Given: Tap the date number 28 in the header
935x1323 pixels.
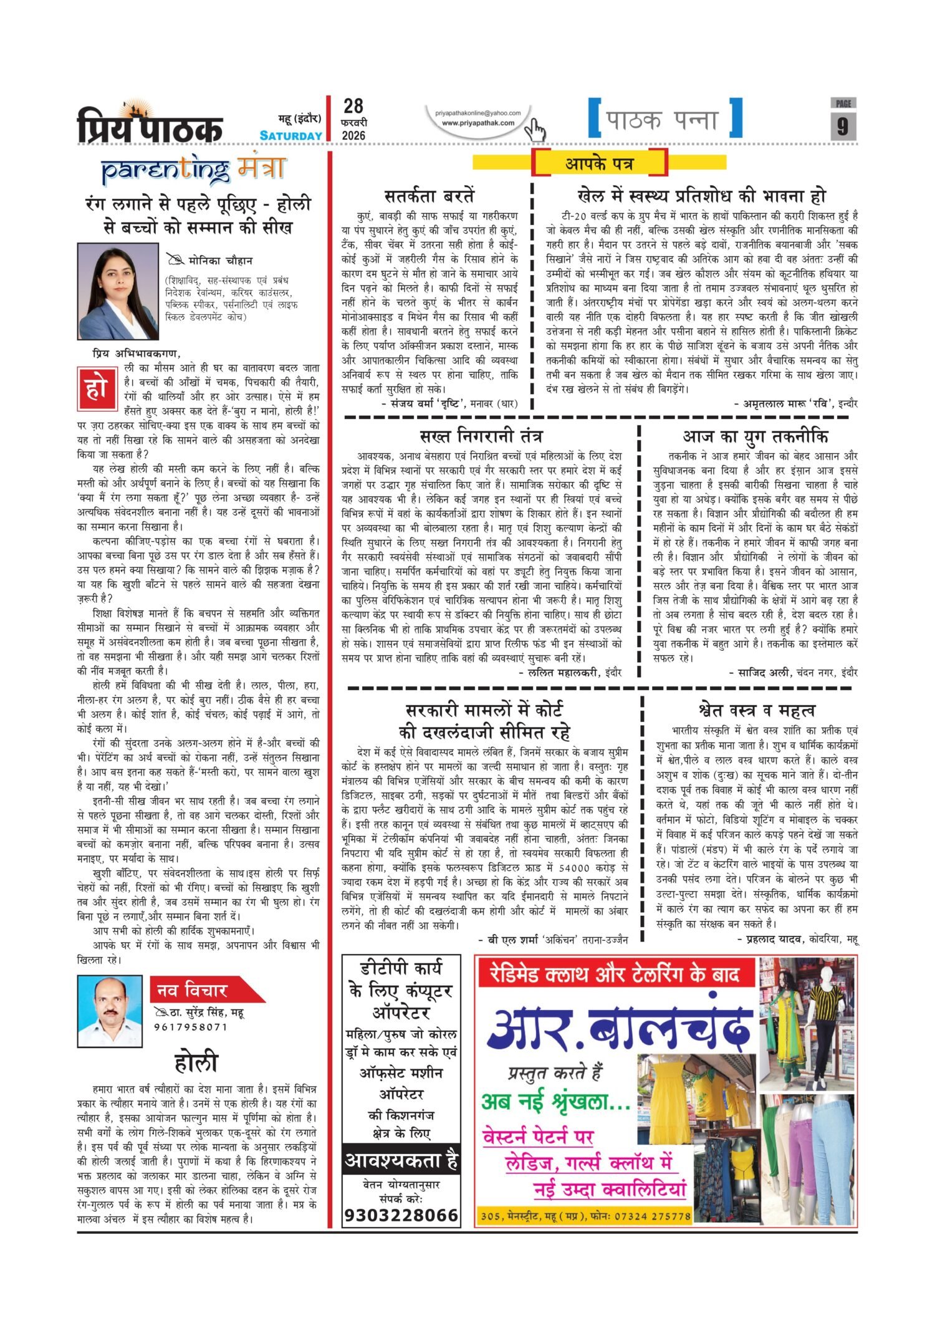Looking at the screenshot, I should [x=353, y=106].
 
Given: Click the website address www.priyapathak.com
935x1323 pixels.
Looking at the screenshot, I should [x=478, y=123].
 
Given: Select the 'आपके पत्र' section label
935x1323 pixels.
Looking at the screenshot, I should [x=600, y=163].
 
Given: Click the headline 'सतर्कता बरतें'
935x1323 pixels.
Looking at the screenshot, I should [x=429, y=196].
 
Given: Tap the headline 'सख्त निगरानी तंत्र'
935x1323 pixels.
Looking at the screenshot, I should [x=481, y=435].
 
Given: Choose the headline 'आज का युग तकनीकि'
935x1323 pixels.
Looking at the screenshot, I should [x=755, y=435].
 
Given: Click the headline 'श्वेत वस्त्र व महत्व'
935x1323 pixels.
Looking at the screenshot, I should [x=757, y=710].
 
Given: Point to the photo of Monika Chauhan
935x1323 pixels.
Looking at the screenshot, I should [x=118, y=291].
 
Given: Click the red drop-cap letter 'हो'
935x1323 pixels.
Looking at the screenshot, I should [x=97, y=389].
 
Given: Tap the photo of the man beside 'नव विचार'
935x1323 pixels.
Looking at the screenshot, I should [x=110, y=1011].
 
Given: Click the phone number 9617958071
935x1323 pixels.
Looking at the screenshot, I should [x=191, y=1027].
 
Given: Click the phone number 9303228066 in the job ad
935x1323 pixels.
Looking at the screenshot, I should [x=401, y=1215].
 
